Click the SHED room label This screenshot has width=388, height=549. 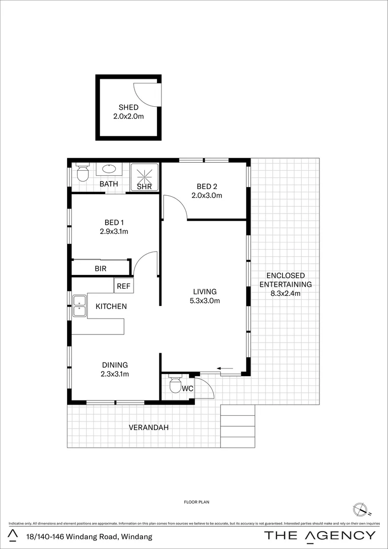click(x=128, y=107)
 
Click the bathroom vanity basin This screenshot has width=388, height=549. click(x=109, y=169)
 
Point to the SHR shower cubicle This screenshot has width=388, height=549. click(x=145, y=177)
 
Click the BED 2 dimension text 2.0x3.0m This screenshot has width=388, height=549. click(x=207, y=195)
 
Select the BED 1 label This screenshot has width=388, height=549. click(x=114, y=223)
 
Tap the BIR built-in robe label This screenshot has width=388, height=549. click(x=101, y=268)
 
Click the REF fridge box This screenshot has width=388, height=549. click(x=123, y=286)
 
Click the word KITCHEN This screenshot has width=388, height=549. click(x=111, y=307)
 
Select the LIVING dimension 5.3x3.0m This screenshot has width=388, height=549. click(x=205, y=300)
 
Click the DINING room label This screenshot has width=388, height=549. click(x=115, y=365)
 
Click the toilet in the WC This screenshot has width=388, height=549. click(x=175, y=384)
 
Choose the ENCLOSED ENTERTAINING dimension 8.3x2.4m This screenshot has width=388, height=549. click(x=285, y=293)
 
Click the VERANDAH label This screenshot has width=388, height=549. click(x=149, y=428)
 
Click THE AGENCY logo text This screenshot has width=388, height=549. click(x=320, y=535)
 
